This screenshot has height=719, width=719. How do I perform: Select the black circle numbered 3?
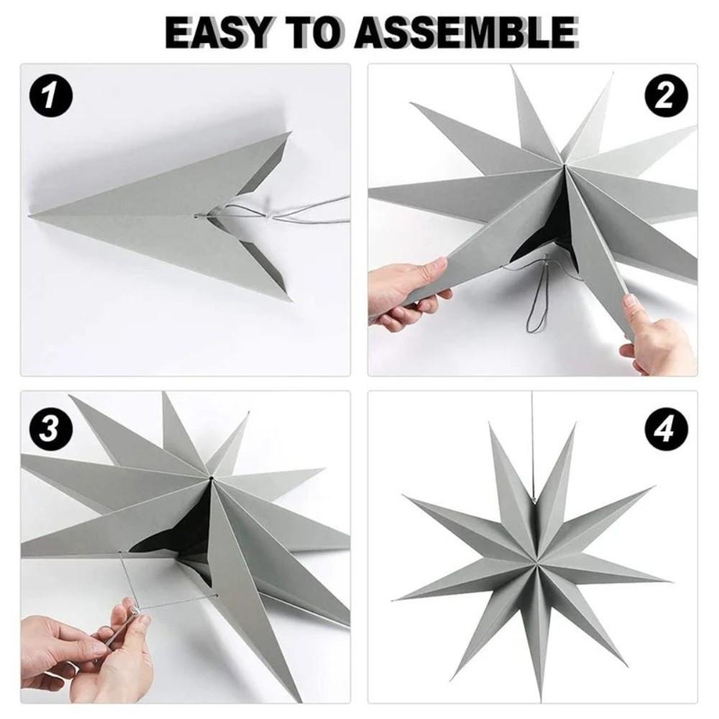pyautogui.click(x=51, y=431)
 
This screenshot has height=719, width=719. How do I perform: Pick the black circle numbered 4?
pyautogui.click(x=666, y=431)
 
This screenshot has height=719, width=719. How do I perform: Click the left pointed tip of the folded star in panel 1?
pyautogui.click(x=29, y=214)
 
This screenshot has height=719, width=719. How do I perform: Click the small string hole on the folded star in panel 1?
pyautogui.click(x=197, y=216)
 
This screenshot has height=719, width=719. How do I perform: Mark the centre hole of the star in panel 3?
pyautogui.click(x=211, y=479)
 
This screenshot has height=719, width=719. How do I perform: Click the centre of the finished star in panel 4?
pyautogui.click(x=536, y=561)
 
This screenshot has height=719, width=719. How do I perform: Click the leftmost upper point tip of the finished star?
pyautogui.click(x=403, y=495)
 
